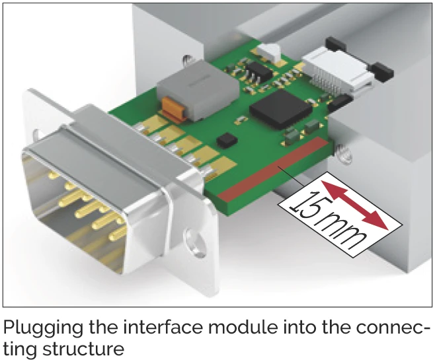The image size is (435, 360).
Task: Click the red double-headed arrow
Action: coord(354,205)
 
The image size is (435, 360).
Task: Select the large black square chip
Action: coord(280,110)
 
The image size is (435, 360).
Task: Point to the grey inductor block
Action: coord(198,90)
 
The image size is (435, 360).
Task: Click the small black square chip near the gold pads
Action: coord(227,141)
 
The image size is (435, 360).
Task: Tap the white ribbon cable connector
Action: coord(337,71)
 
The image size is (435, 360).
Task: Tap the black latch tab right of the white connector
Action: coord(382,72)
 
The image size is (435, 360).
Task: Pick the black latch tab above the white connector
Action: coord(336,44)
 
